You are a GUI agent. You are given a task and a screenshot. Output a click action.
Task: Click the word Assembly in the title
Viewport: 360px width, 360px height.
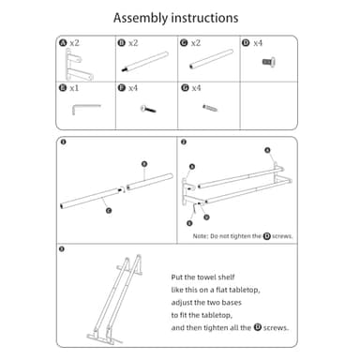click(141, 18)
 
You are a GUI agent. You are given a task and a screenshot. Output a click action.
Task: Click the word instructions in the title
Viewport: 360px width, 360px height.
click(204, 18)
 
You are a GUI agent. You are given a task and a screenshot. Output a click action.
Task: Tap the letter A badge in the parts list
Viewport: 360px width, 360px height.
click(63, 43)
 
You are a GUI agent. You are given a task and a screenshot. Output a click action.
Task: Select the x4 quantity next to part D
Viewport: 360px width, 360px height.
click(258, 43)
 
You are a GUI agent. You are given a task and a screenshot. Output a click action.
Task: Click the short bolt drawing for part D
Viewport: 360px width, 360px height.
click(269, 62)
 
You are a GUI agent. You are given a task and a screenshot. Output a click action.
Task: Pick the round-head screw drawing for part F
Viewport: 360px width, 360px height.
click(148, 109)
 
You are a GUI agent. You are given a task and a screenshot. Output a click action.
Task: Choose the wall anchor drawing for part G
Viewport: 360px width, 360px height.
click(210, 108)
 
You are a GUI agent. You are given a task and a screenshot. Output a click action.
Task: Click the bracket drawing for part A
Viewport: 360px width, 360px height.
click(78, 65)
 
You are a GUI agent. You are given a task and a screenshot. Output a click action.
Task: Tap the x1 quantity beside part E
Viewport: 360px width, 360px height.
click(74, 88)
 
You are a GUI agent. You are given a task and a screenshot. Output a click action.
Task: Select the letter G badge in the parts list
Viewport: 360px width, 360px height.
click(185, 88)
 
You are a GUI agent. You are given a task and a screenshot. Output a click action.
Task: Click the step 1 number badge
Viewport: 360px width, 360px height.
click(63, 142)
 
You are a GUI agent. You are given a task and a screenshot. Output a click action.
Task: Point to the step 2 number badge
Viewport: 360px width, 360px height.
click(184, 142)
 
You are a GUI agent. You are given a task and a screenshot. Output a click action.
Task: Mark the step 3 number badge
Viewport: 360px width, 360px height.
click(62, 249)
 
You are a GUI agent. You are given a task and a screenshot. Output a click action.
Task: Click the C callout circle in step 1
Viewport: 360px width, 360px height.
click(109, 211)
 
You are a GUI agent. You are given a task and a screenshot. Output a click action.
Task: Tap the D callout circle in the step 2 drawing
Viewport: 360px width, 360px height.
click(206, 217)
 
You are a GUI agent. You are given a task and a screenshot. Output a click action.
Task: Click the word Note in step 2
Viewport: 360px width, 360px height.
click(200, 236)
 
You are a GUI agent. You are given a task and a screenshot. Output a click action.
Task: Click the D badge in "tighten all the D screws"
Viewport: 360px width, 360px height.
click(258, 327)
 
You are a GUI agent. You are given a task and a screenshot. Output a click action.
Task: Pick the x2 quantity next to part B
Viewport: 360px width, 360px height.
click(133, 43)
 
